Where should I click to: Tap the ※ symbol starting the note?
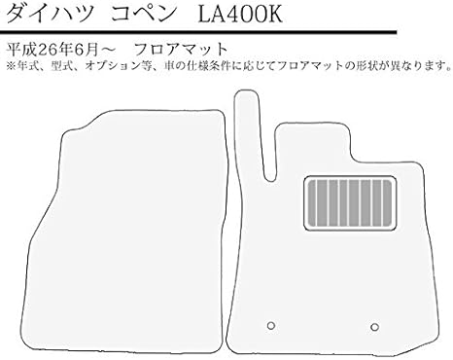(10, 67)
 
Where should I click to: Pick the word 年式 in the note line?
(25, 67)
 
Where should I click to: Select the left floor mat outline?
(136, 234)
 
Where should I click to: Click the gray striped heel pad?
(350, 202)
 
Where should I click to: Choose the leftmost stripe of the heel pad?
(312, 202)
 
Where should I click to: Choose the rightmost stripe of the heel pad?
(388, 202)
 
